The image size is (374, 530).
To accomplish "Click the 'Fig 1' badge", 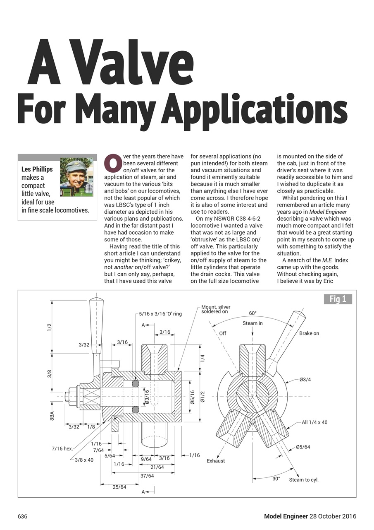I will click(338, 299).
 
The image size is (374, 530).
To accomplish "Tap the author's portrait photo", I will click(76, 177).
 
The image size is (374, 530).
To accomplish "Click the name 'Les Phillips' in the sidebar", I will click(37, 169).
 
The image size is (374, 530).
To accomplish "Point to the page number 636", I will click(22, 516).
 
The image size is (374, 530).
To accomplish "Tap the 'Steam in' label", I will click(253, 323).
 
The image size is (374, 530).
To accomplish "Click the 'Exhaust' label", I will click(216, 460).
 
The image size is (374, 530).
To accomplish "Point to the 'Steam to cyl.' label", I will click(304, 480).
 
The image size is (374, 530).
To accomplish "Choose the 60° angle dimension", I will click(253, 313).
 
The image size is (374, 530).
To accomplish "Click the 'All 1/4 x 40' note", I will click(314, 422).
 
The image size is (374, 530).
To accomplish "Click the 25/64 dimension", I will click(119, 487).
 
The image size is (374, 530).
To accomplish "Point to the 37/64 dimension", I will click(147, 476).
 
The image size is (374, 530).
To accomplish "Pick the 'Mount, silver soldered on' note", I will click(216, 309).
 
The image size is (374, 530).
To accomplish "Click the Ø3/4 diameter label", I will click(305, 379).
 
